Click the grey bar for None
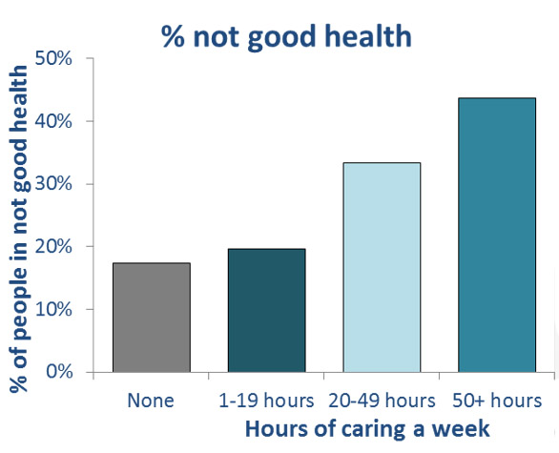click(x=152, y=318)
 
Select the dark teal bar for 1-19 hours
click(x=267, y=311)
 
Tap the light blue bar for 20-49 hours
click(x=382, y=267)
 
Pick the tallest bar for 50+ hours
click(x=497, y=235)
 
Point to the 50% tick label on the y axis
click(x=53, y=58)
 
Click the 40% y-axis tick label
click(x=53, y=121)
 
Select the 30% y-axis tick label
click(x=53, y=184)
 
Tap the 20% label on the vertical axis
click(x=53, y=246)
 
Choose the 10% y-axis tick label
click(x=53, y=309)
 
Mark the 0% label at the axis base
click(x=59, y=371)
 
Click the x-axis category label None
click(x=151, y=401)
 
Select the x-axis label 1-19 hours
click(x=266, y=401)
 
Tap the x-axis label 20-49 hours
click(x=382, y=401)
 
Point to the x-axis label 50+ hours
click(x=497, y=401)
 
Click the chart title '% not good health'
click(x=286, y=36)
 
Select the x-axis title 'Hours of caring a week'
click(x=367, y=428)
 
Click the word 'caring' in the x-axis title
click(x=373, y=429)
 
